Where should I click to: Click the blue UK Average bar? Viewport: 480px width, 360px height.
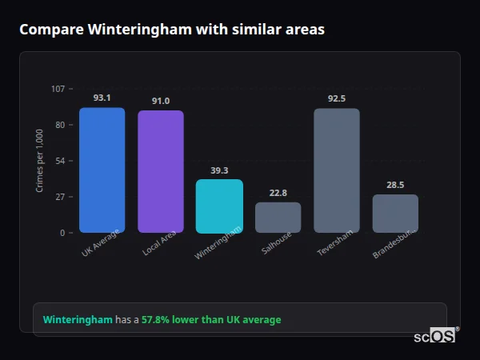(102, 170)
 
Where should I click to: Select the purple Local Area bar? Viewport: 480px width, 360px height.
(160, 172)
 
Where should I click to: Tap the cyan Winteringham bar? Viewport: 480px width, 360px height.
(219, 206)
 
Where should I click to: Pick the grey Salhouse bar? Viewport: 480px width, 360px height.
(278, 218)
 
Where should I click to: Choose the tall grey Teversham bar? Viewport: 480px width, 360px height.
(336, 170)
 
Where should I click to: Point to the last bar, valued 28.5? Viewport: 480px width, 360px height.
(395, 214)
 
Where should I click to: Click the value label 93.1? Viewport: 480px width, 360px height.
(102, 98)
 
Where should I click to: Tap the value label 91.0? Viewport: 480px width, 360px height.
(160, 101)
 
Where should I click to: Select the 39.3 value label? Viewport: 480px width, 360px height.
(219, 170)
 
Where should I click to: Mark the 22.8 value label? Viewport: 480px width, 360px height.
(278, 193)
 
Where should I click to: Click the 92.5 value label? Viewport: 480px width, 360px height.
(336, 98)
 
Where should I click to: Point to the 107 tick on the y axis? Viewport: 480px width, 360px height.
(58, 89)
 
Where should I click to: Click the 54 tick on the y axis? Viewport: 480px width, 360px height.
(60, 161)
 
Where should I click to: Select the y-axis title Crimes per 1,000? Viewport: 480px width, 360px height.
(40, 160)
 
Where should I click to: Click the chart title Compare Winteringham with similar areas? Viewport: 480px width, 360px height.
(171, 30)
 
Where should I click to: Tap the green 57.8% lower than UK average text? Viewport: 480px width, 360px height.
(211, 320)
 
